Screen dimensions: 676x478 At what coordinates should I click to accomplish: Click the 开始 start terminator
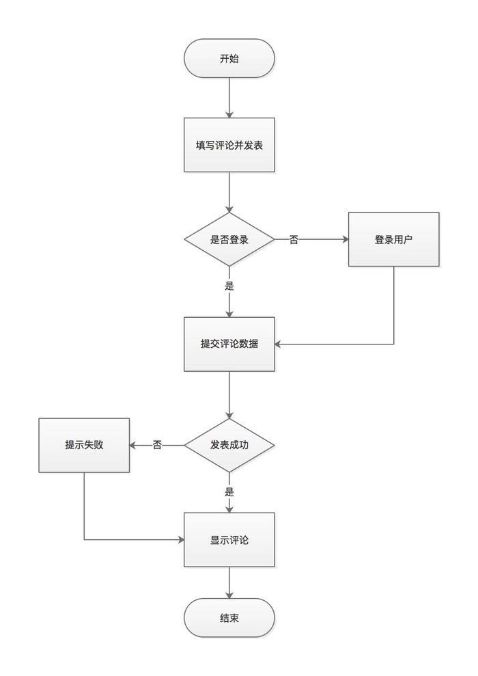coord(229,58)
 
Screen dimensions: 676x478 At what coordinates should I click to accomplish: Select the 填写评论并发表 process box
coord(229,145)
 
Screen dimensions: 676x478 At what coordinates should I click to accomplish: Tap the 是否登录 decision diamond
coord(229,240)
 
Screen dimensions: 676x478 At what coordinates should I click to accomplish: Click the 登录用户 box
coord(393,239)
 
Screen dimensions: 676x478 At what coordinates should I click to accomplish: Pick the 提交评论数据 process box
coord(229,344)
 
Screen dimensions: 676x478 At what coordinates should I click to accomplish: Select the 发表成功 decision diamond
coord(229,445)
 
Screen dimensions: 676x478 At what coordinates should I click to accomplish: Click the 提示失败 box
coord(84,445)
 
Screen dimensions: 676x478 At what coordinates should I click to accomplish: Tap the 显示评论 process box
coord(229,540)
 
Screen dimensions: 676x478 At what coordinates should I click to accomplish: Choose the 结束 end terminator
coord(229,618)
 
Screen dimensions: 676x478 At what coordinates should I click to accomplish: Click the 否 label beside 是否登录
coord(294,240)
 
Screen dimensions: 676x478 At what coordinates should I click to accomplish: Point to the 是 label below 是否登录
coord(229,286)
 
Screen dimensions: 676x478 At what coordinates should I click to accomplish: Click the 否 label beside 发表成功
coord(157,445)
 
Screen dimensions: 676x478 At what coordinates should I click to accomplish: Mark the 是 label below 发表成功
coord(229,491)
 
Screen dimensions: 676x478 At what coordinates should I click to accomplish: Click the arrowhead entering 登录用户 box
coord(344,240)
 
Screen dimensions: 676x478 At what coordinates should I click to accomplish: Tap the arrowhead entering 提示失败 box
coord(134,445)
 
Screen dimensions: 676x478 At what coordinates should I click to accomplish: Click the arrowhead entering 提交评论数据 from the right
coord(279,344)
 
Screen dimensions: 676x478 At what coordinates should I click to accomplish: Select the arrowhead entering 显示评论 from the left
coord(180,540)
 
